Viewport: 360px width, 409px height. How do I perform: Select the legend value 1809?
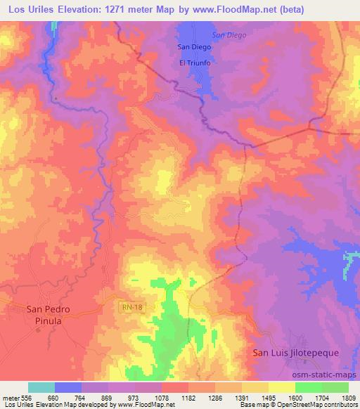(348, 395)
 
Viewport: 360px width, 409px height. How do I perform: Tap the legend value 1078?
(162, 395)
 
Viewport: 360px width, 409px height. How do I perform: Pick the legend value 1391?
(242, 395)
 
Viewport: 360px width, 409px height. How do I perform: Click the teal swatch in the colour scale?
(41, 387)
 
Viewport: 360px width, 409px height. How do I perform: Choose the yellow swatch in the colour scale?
(282, 387)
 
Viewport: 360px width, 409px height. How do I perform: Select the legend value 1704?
(322, 395)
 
